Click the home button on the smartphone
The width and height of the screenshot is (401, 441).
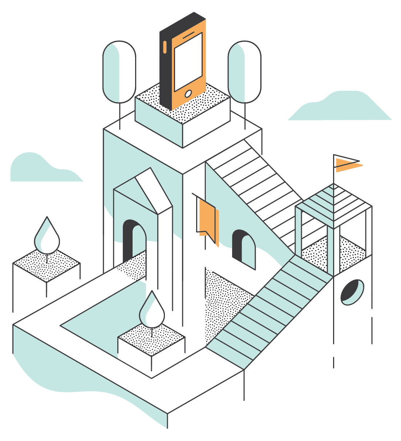pos(188,94)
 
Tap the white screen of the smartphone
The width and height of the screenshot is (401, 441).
pos(188,62)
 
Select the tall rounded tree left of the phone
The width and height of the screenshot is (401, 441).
pos(119,72)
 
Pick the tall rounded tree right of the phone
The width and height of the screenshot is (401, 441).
pos(244,72)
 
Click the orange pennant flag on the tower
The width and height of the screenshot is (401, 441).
pos(347,165)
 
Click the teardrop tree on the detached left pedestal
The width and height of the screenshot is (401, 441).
pos(47,236)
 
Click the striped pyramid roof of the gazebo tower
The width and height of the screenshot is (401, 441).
pos(333,203)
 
